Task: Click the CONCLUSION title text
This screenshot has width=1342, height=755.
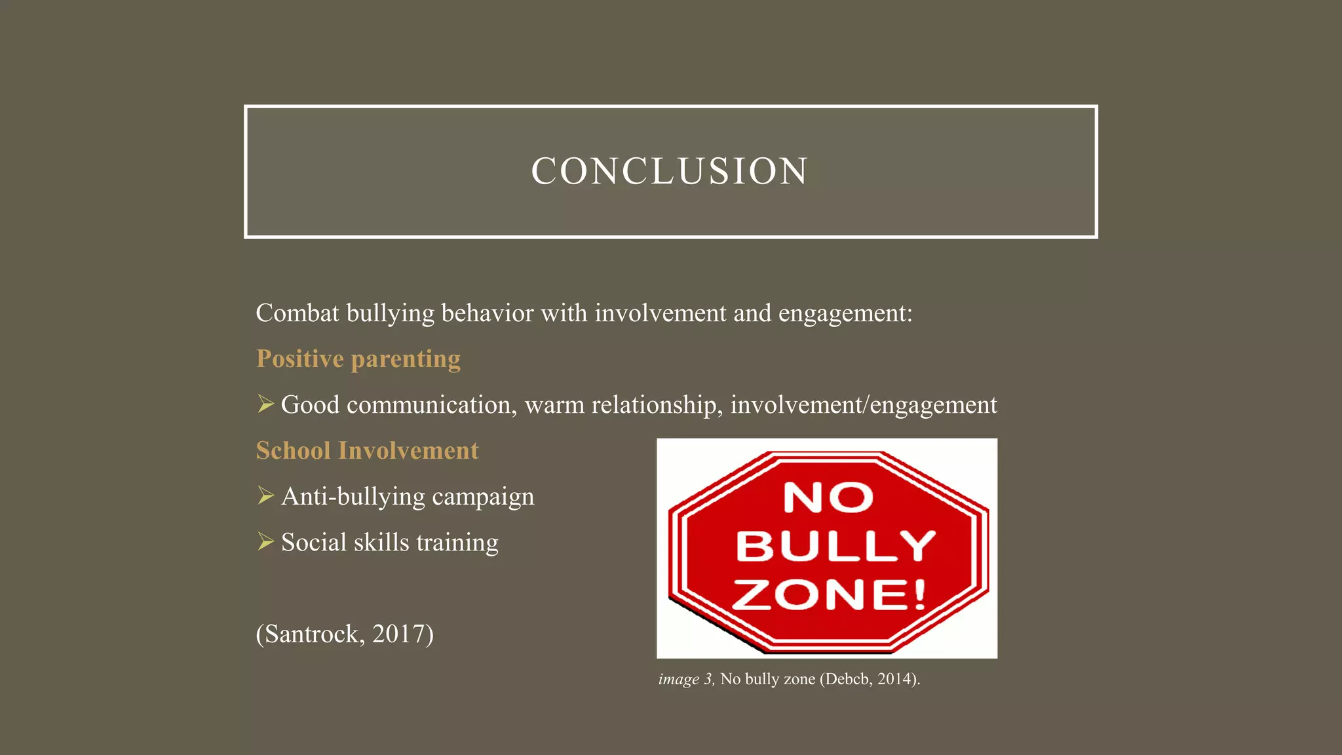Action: pyautogui.click(x=670, y=172)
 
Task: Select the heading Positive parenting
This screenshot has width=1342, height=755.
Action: pyautogui.click(x=358, y=359)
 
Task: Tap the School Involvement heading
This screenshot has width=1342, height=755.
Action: pyautogui.click(x=367, y=451)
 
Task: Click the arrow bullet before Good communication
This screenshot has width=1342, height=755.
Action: pyautogui.click(x=265, y=404)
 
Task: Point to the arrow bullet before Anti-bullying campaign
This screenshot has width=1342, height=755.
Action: pyautogui.click(x=265, y=496)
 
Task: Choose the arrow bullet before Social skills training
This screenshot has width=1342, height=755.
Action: pyautogui.click(x=265, y=542)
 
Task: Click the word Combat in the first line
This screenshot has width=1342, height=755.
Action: pyautogui.click(x=297, y=313)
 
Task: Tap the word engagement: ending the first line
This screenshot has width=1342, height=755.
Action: pyautogui.click(x=845, y=313)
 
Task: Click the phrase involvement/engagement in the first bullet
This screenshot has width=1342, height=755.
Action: pyautogui.click(x=864, y=405)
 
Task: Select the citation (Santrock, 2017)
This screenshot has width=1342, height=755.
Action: pyautogui.click(x=345, y=634)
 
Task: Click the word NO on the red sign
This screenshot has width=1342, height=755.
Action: pyautogui.click(x=828, y=497)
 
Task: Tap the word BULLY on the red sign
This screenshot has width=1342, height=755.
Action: pyautogui.click(x=835, y=545)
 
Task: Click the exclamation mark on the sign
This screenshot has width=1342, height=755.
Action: pyautogui.click(x=919, y=594)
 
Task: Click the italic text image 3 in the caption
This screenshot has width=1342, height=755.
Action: pyautogui.click(x=685, y=679)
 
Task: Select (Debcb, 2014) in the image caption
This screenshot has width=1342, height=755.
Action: pyautogui.click(x=870, y=679)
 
